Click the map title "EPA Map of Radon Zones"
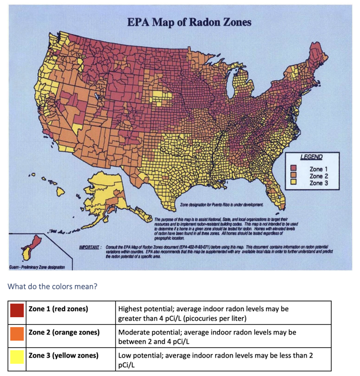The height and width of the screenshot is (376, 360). pos(189,22)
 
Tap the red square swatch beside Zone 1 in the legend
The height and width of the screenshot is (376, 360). pos(293,168)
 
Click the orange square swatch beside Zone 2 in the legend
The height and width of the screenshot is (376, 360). pos(293,175)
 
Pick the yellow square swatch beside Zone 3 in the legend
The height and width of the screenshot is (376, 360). pos(293,183)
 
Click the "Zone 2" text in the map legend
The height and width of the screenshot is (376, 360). pos(320,175)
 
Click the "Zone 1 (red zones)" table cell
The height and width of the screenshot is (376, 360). pos(58,309)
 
